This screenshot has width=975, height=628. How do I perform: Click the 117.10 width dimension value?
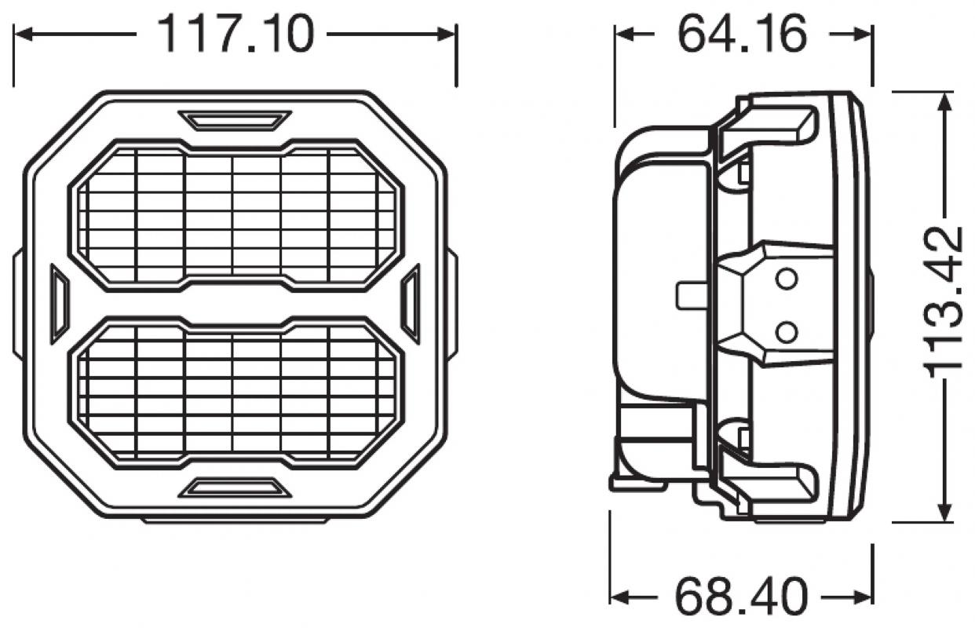[x=236, y=35]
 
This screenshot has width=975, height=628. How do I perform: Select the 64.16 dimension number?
[x=742, y=35]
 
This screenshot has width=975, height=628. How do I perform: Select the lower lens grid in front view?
[x=236, y=392]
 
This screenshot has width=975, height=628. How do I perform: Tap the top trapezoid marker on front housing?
[x=235, y=120]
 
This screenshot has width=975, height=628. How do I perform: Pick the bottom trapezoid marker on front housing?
[x=235, y=488]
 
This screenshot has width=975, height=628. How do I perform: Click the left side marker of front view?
[x=60, y=304]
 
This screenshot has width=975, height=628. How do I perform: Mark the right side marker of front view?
[x=411, y=304]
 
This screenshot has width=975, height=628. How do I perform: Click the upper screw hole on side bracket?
[x=786, y=278]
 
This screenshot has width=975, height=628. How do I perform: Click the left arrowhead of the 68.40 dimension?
[x=619, y=595]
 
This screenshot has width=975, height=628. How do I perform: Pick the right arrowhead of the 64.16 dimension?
[x=864, y=35]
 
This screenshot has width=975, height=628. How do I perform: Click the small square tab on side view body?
[x=688, y=295]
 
